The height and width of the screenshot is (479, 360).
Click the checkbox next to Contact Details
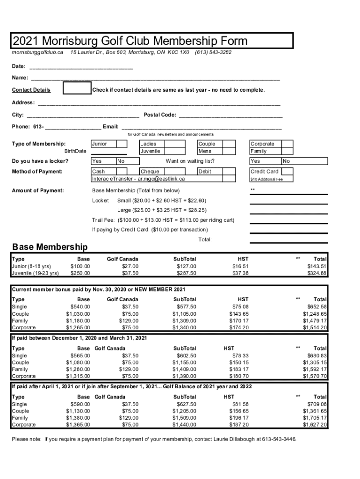(77, 87)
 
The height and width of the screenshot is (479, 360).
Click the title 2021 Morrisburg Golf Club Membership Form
(130, 41)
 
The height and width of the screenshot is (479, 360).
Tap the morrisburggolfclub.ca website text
(37, 52)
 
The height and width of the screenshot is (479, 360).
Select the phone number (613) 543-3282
(213, 52)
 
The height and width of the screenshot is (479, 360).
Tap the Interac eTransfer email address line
(139, 179)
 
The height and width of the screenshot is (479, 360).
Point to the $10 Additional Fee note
(266, 179)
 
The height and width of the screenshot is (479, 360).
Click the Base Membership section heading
(50, 247)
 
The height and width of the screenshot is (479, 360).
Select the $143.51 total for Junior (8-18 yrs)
(317, 266)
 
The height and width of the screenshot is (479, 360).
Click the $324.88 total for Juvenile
(317, 273)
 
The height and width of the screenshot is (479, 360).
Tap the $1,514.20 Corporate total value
(315, 328)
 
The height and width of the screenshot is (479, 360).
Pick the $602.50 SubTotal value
(186, 356)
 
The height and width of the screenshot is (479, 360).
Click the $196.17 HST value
(239, 418)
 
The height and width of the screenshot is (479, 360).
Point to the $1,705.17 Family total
(315, 418)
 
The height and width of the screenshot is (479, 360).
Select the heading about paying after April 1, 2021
(132, 387)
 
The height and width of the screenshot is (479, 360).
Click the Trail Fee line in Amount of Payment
(163, 220)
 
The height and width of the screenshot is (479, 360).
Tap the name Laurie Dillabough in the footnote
(236, 440)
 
